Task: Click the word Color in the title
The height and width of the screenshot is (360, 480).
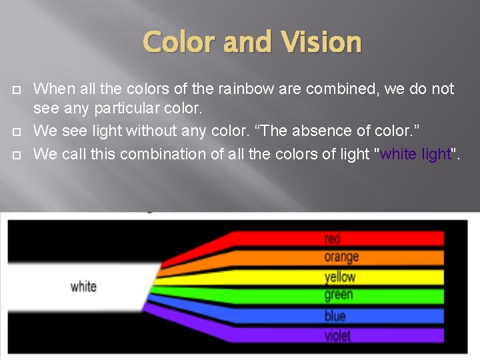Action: (179, 42)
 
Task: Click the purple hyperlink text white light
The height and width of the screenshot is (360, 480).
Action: (415, 154)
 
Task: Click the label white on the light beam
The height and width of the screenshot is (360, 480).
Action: (83, 287)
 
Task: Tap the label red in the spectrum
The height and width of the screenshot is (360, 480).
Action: (332, 239)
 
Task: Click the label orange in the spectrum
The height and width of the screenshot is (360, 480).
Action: (341, 257)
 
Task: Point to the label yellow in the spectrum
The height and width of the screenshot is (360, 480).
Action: (340, 277)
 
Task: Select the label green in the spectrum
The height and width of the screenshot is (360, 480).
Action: (339, 295)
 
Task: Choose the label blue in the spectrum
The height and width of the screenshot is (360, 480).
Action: (335, 315)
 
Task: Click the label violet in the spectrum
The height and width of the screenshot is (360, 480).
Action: (337, 335)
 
